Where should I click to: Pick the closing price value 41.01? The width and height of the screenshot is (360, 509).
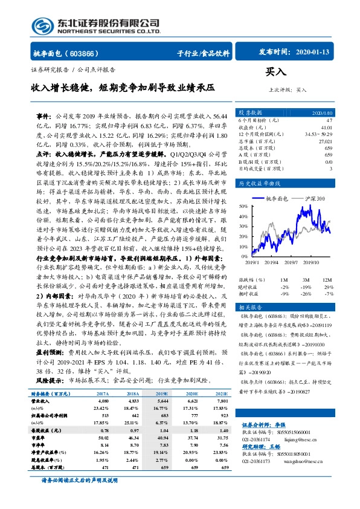[327, 128]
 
